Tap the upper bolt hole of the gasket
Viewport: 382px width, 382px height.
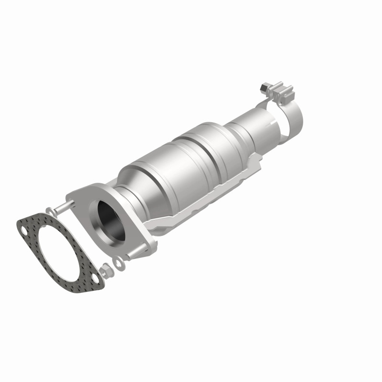coord(23,233)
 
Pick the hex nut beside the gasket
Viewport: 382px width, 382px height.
coord(107,270)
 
